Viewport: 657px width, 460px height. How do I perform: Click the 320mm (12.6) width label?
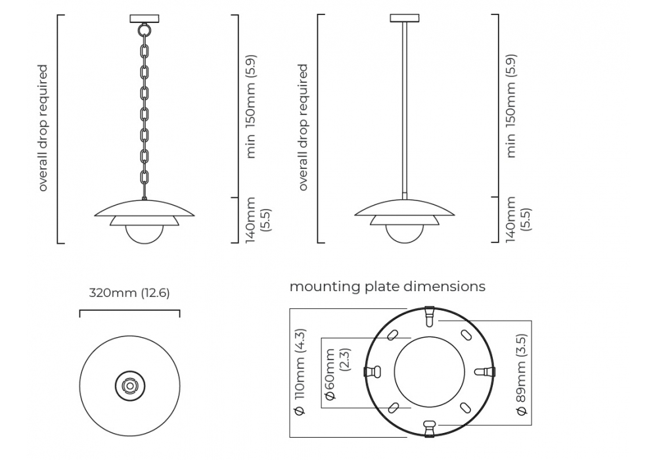pyautogui.click(x=129, y=293)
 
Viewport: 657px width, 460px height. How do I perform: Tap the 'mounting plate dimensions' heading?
pyautogui.click(x=388, y=287)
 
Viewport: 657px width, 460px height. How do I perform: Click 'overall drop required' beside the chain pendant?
pyautogui.click(x=43, y=127)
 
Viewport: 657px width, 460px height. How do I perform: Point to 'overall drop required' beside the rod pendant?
pyautogui.click(x=303, y=127)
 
